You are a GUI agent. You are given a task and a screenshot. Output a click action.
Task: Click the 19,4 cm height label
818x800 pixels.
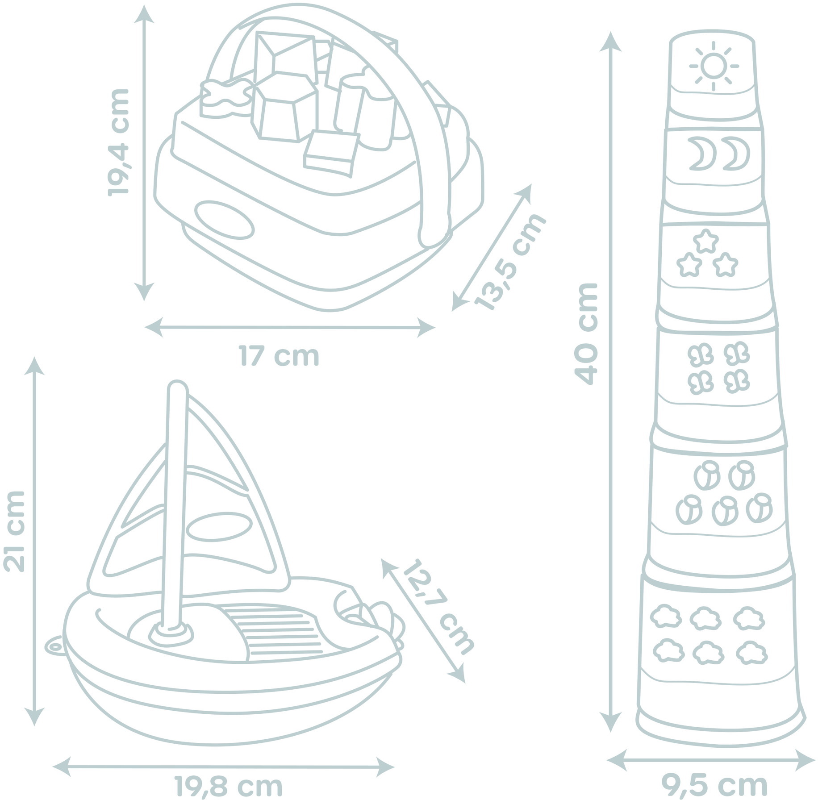[x=118, y=142]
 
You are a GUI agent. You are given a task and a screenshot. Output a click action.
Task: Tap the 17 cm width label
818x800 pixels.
[x=280, y=356]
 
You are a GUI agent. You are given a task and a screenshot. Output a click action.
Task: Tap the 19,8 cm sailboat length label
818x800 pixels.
[x=228, y=787]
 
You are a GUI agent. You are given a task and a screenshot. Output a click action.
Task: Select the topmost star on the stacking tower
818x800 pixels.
[x=706, y=242]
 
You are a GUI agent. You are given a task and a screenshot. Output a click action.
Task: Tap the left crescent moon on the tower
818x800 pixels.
[x=702, y=154]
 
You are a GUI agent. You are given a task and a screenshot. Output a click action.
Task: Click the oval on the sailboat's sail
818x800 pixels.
[x=218, y=527]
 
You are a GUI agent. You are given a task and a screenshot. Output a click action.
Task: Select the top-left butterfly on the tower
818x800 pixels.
[x=701, y=356]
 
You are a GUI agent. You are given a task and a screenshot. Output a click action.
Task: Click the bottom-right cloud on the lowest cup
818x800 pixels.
[x=752, y=653]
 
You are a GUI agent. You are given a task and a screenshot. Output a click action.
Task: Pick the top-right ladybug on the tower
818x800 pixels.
[x=742, y=476]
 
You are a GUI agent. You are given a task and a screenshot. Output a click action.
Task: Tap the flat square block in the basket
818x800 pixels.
[x=332, y=153]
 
